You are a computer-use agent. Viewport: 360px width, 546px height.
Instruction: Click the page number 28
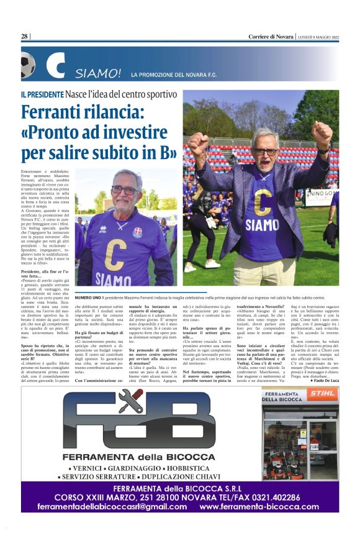click(x=24, y=36)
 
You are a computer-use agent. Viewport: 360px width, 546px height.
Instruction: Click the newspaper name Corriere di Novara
click(x=271, y=36)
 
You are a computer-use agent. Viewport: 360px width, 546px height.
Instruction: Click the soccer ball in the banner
click(x=27, y=66)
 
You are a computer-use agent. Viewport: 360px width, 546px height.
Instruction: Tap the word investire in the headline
click(x=138, y=134)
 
